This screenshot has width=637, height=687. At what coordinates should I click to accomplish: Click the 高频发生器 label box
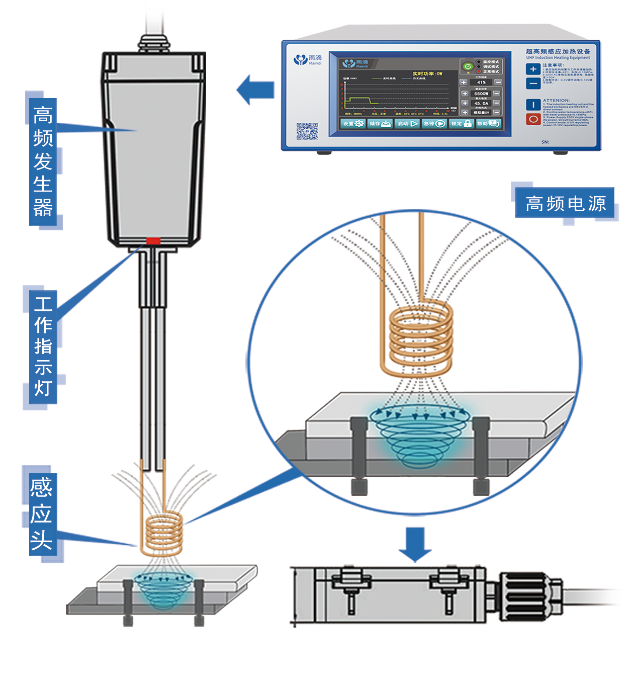(x=43, y=161)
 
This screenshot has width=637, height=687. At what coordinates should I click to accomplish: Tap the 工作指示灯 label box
(x=43, y=347)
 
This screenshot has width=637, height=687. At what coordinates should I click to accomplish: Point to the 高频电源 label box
(x=565, y=204)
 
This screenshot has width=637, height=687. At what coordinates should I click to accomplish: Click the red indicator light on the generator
(x=153, y=241)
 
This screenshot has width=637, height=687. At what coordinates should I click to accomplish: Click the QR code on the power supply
(x=307, y=131)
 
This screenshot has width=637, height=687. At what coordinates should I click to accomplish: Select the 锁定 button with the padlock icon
(x=461, y=123)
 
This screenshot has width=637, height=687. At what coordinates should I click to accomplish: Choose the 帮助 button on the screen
(x=488, y=123)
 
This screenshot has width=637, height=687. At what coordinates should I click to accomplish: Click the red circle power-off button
(x=533, y=119)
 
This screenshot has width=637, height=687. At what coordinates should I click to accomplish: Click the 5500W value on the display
(x=481, y=94)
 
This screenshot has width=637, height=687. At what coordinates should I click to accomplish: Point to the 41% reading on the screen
(x=481, y=82)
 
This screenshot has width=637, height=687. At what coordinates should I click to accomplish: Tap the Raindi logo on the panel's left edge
(x=307, y=60)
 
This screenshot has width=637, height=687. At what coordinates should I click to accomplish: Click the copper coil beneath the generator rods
(x=163, y=533)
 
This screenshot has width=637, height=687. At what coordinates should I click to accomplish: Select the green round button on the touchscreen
(x=468, y=66)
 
